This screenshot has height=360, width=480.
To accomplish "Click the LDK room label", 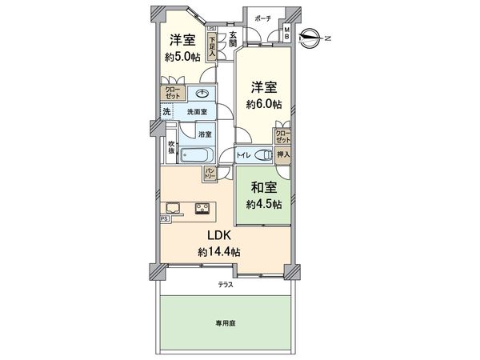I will click(x=220, y=237).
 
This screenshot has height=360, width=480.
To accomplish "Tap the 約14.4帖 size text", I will click(x=220, y=252).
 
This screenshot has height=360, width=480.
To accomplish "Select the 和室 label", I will click(x=264, y=190).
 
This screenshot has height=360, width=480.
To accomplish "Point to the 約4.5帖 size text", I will click(x=264, y=205).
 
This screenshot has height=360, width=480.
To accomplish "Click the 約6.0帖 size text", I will click(x=263, y=104).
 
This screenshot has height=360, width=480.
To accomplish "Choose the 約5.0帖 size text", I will click(x=182, y=58).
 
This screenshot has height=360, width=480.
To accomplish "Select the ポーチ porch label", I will click(x=262, y=18).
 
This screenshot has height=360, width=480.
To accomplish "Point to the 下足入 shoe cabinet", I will click(x=211, y=41).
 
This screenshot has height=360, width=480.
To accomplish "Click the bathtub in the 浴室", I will click(x=195, y=156).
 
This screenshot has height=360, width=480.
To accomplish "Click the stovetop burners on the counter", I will click(x=201, y=211).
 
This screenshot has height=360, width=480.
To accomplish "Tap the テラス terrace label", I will click(x=224, y=285).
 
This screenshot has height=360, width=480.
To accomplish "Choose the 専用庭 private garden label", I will click(x=224, y=323).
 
